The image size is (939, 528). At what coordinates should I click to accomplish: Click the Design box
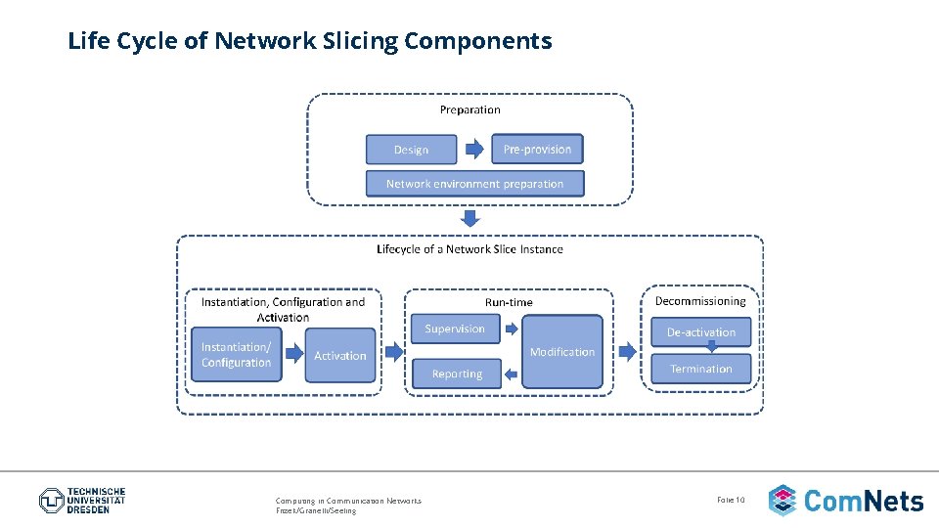pos(411,150)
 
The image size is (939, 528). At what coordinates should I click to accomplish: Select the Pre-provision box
pos(537,149)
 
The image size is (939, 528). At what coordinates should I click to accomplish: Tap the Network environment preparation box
pos(474,183)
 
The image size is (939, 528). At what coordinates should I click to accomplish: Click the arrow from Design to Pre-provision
pos(473,150)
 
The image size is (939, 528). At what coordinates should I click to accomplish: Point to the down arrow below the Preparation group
pos(470,217)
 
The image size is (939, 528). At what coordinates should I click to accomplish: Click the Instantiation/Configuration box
pos(236,355)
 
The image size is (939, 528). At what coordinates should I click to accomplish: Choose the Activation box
pos(340,356)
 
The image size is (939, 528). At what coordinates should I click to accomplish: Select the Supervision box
pos(455,330)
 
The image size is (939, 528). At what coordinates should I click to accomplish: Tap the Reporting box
pos(457,374)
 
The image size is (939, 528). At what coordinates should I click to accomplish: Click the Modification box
pos(561,352)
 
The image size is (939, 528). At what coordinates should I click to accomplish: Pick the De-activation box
pos(701,332)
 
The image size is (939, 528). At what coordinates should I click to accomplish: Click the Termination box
pos(701,369)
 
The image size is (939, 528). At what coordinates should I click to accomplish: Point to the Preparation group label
pos(469,110)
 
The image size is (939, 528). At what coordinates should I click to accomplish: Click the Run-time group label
pos(509,302)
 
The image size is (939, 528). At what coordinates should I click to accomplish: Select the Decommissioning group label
pos(699,301)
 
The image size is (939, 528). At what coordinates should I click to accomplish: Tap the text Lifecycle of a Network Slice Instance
pos(469,249)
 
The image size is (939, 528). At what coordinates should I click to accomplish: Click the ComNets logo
pos(846,501)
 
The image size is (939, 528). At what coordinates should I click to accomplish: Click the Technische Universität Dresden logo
pos(82,501)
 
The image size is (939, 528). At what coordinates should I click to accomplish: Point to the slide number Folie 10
pos(731,500)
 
